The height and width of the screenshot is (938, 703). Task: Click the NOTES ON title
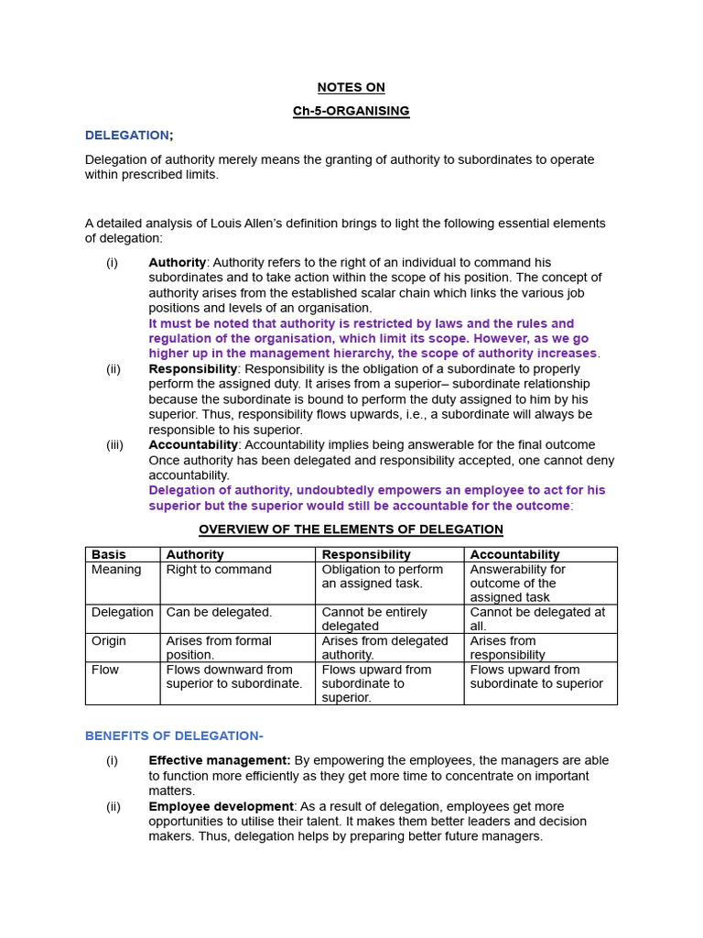coord(351,87)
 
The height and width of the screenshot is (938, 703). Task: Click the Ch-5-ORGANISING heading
coord(351,111)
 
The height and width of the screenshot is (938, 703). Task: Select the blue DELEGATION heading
coord(127,135)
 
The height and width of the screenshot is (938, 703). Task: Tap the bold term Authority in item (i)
coord(177,262)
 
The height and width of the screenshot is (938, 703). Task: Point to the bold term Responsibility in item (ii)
coord(193,368)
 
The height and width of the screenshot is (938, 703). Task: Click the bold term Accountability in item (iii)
coord(193,444)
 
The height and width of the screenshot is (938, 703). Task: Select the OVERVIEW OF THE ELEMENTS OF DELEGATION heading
coord(351,529)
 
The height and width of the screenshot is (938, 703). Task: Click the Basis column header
coord(109,554)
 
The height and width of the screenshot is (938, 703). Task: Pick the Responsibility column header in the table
coord(366,554)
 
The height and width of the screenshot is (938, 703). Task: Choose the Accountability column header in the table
coord(514,554)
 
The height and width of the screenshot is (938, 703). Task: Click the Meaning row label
coord(116,569)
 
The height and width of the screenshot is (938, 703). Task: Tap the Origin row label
coord(109,640)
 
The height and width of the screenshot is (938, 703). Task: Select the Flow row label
coord(105,670)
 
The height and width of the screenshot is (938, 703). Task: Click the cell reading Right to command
coord(219,569)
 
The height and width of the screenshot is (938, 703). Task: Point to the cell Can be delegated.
coord(219,612)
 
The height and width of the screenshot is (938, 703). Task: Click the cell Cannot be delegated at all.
coord(537,618)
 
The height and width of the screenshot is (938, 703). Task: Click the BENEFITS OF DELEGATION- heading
coord(174,736)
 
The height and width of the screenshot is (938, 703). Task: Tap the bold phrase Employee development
coord(221,806)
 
